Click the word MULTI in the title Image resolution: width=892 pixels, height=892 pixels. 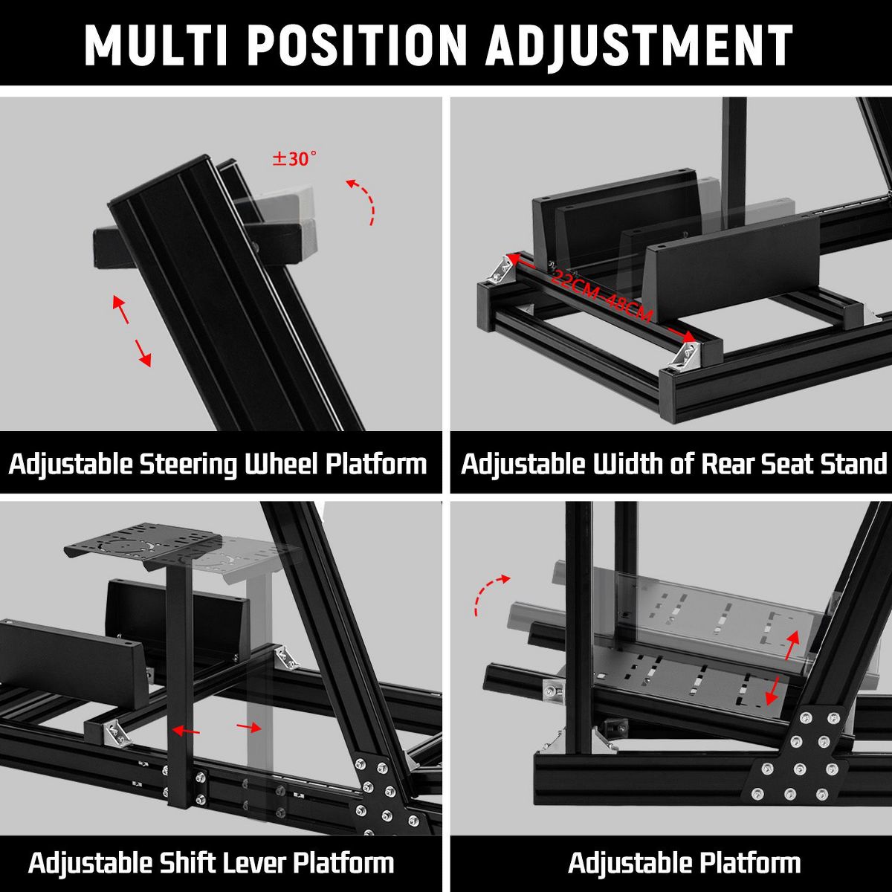[156, 45]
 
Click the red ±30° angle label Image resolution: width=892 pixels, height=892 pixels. [295, 158]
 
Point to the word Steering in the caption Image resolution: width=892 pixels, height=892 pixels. [189, 465]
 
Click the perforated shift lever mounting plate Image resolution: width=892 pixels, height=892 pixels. [143, 545]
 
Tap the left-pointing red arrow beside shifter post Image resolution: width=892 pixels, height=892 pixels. [186, 731]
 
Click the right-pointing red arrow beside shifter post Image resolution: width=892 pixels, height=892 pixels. [249, 727]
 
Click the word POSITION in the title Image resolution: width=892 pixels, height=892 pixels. [357, 45]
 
